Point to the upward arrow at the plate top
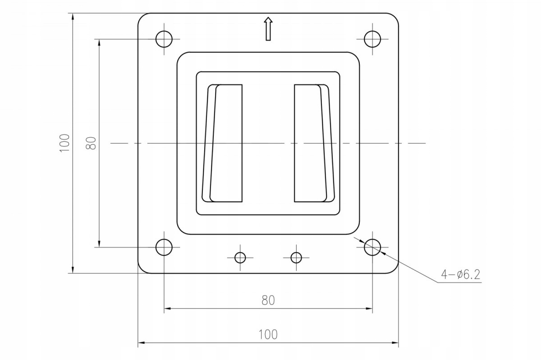tap(268, 29)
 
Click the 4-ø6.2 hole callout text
tap(461, 274)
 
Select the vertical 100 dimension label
tap(65, 143)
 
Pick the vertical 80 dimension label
tap(91, 143)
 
